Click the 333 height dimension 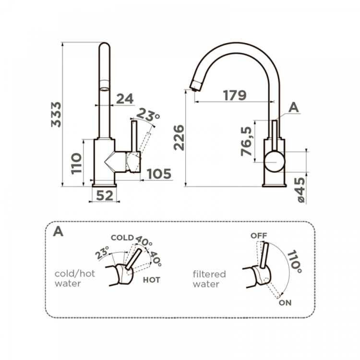(x=57, y=114)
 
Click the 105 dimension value (x=158, y=174)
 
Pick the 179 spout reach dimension (x=235, y=95)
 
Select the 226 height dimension (x=179, y=138)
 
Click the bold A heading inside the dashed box (x=58, y=231)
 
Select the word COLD (x=122, y=238)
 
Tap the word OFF (x=258, y=235)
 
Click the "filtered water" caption (x=209, y=279)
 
